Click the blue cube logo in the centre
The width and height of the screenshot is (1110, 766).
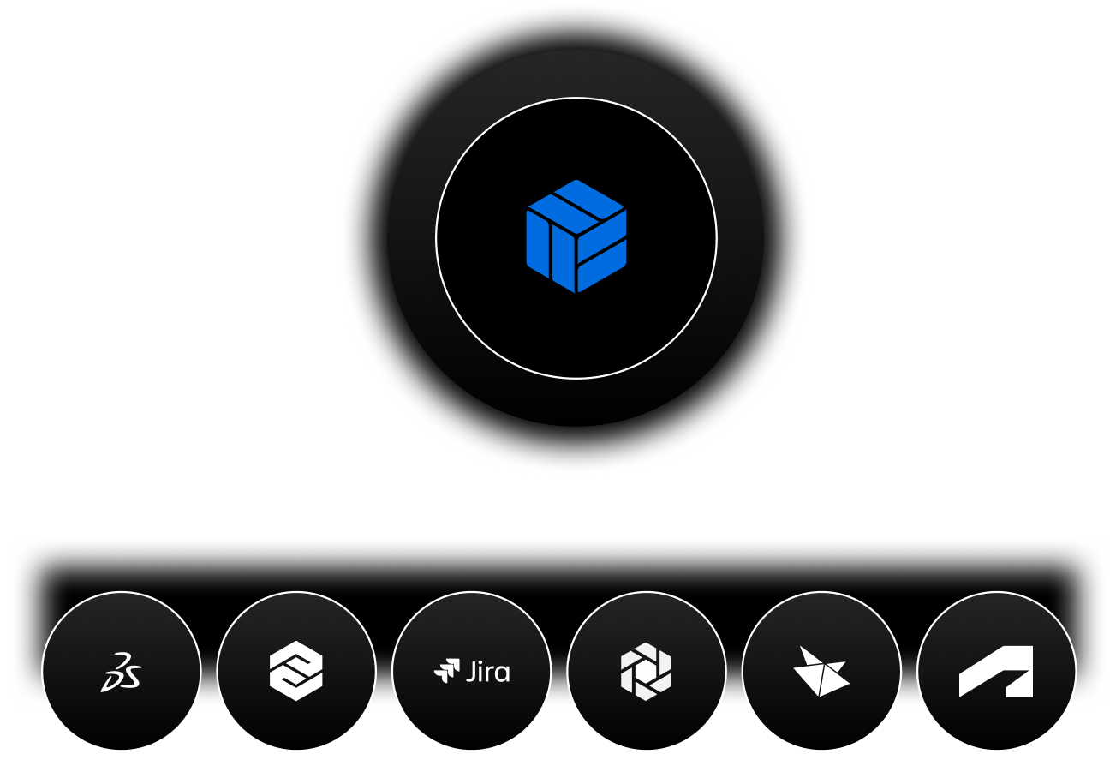(x=576, y=236)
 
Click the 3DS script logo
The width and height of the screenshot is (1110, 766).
(x=121, y=671)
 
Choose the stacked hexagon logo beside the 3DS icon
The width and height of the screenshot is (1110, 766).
(x=295, y=671)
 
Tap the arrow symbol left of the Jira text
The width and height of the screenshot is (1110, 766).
(x=447, y=670)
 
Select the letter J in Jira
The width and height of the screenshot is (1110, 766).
(x=471, y=672)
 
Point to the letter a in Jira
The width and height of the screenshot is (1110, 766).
(x=502, y=673)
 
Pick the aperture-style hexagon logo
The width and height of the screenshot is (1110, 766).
(x=646, y=671)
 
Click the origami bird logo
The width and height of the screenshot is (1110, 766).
(x=821, y=671)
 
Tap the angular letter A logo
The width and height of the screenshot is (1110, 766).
(x=995, y=671)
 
